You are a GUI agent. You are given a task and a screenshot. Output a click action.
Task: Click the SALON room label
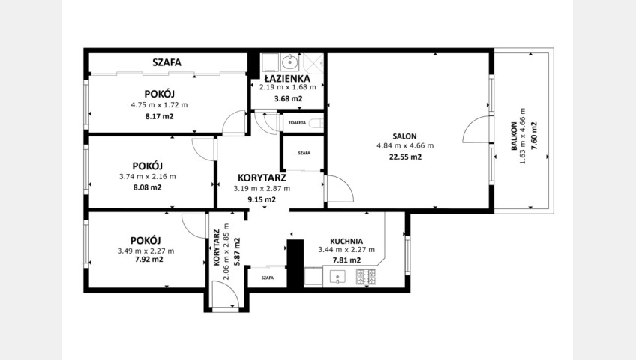(404, 136)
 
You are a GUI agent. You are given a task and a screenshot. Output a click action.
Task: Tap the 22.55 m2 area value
(405, 157)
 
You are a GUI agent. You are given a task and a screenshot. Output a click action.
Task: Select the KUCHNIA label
(346, 241)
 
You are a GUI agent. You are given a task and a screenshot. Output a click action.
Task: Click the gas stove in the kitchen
(366, 277)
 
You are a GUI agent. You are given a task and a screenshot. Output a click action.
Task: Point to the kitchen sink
(337, 277)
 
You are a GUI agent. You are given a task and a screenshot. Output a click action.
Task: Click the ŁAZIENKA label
(287, 78)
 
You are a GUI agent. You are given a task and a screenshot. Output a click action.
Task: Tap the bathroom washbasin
(289, 62)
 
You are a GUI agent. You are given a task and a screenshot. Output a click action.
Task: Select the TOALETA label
(297, 122)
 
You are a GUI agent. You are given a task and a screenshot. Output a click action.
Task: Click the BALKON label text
(514, 136)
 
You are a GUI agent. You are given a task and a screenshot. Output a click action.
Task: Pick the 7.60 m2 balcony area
(534, 136)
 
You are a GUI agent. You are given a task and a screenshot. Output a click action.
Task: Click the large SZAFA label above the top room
(166, 62)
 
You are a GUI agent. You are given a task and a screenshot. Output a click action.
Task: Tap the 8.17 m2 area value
(160, 117)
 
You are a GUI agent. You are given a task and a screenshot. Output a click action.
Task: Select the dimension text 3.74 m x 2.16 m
(148, 177)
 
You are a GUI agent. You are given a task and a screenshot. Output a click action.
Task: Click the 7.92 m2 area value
(148, 259)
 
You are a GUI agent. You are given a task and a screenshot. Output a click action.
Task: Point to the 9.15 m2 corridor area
(262, 199)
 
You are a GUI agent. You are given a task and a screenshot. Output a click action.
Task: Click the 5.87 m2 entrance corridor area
(237, 251)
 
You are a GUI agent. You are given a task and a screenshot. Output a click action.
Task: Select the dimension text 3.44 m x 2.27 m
(346, 250)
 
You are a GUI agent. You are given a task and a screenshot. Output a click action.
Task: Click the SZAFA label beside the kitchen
(268, 277)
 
